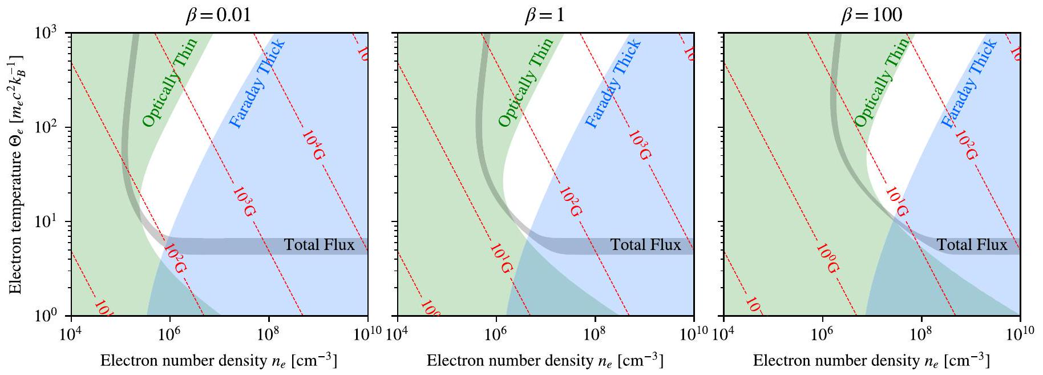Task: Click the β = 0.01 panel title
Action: click(219, 15)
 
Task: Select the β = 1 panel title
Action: click(545, 15)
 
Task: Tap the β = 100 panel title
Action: click(871, 15)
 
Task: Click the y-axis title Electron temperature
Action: click(17, 175)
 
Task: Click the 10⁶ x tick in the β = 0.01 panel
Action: click(169, 332)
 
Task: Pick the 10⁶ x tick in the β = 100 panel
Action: click(822, 332)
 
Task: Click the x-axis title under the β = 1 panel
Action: click(545, 361)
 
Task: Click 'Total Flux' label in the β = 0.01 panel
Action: click(320, 245)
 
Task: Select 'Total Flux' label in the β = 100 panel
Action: click(972, 245)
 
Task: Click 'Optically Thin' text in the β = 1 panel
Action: click(525, 83)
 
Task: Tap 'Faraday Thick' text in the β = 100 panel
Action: click(968, 83)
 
